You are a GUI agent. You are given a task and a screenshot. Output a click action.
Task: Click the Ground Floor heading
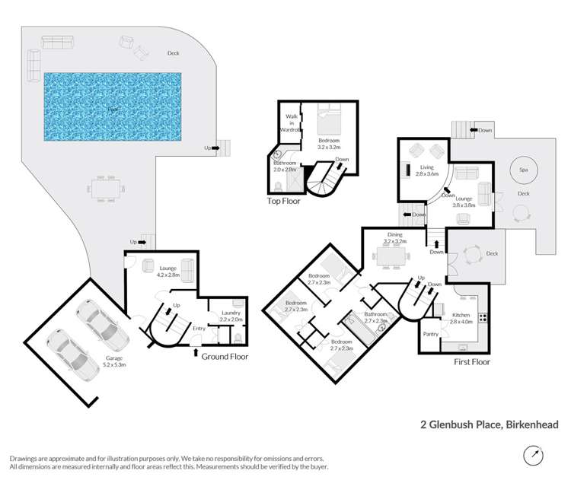pos(225,356)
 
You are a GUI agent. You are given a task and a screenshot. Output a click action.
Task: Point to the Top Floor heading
pos(283,202)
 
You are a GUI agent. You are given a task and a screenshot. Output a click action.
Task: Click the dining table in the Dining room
pos(395,259)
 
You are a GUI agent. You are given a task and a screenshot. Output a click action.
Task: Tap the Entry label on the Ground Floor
pos(199,328)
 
